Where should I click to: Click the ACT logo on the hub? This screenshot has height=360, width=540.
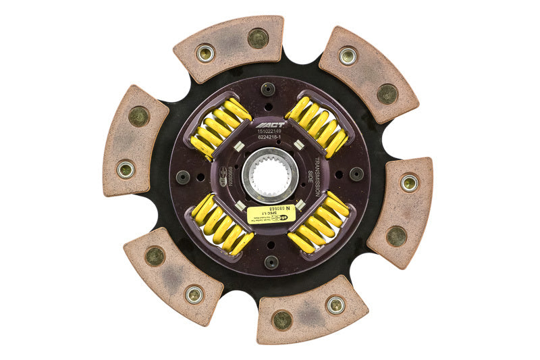[x=271, y=124]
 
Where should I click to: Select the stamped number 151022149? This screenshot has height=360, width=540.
[x=270, y=132]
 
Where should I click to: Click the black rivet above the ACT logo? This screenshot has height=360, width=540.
[x=269, y=89]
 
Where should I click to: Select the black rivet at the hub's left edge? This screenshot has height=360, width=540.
[x=183, y=177]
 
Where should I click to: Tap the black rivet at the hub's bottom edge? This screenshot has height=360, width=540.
[x=271, y=262]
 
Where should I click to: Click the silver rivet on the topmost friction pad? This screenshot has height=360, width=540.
[x=205, y=52]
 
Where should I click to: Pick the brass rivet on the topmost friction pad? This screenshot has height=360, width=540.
[x=258, y=38]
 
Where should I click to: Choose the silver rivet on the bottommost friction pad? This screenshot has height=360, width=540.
[x=335, y=305]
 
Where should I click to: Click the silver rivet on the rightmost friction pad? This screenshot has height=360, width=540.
[x=409, y=182]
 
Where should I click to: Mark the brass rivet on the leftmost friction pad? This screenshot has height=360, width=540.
[x=138, y=116]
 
